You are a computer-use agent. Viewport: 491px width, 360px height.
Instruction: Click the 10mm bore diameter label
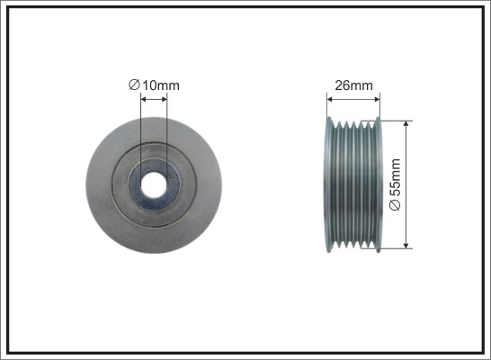(x=154, y=85)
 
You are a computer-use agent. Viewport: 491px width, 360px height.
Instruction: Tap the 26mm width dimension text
(x=353, y=85)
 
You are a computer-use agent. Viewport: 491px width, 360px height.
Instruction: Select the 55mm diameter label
(x=395, y=184)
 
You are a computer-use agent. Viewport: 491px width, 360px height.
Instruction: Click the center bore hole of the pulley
(x=154, y=184)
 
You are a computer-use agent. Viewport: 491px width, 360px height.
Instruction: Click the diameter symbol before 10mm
(x=134, y=85)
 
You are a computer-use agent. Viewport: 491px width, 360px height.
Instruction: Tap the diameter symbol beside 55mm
(x=395, y=205)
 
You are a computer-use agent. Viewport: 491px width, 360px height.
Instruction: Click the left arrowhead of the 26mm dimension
(x=330, y=100)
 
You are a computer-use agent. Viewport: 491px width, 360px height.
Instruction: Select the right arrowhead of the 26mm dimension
(x=377, y=100)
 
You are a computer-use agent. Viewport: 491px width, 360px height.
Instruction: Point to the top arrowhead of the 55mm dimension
(x=406, y=124)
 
